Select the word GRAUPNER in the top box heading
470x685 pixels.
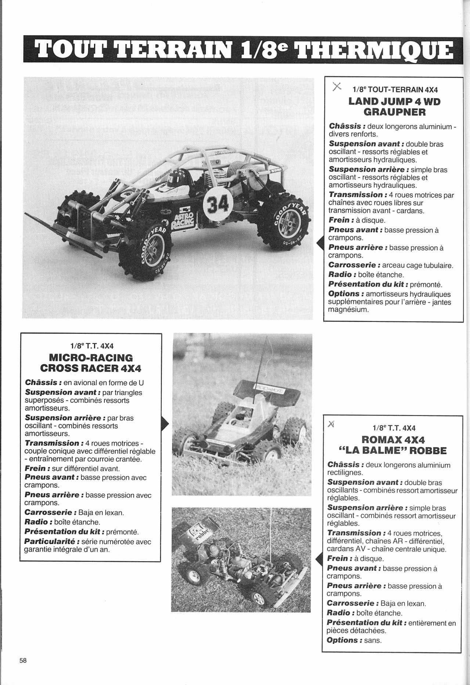coord(394,112)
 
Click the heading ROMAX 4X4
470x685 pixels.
coord(393,440)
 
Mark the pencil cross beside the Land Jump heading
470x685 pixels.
coord(336,87)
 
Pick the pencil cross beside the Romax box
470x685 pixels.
coord(331,425)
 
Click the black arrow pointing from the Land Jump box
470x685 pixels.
coord(319,243)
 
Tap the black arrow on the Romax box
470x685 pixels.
coord(318,559)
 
